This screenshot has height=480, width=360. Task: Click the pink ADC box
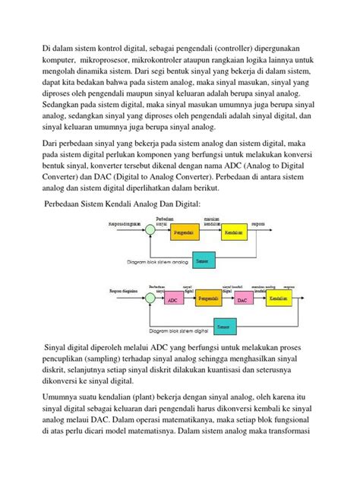[172, 300]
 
